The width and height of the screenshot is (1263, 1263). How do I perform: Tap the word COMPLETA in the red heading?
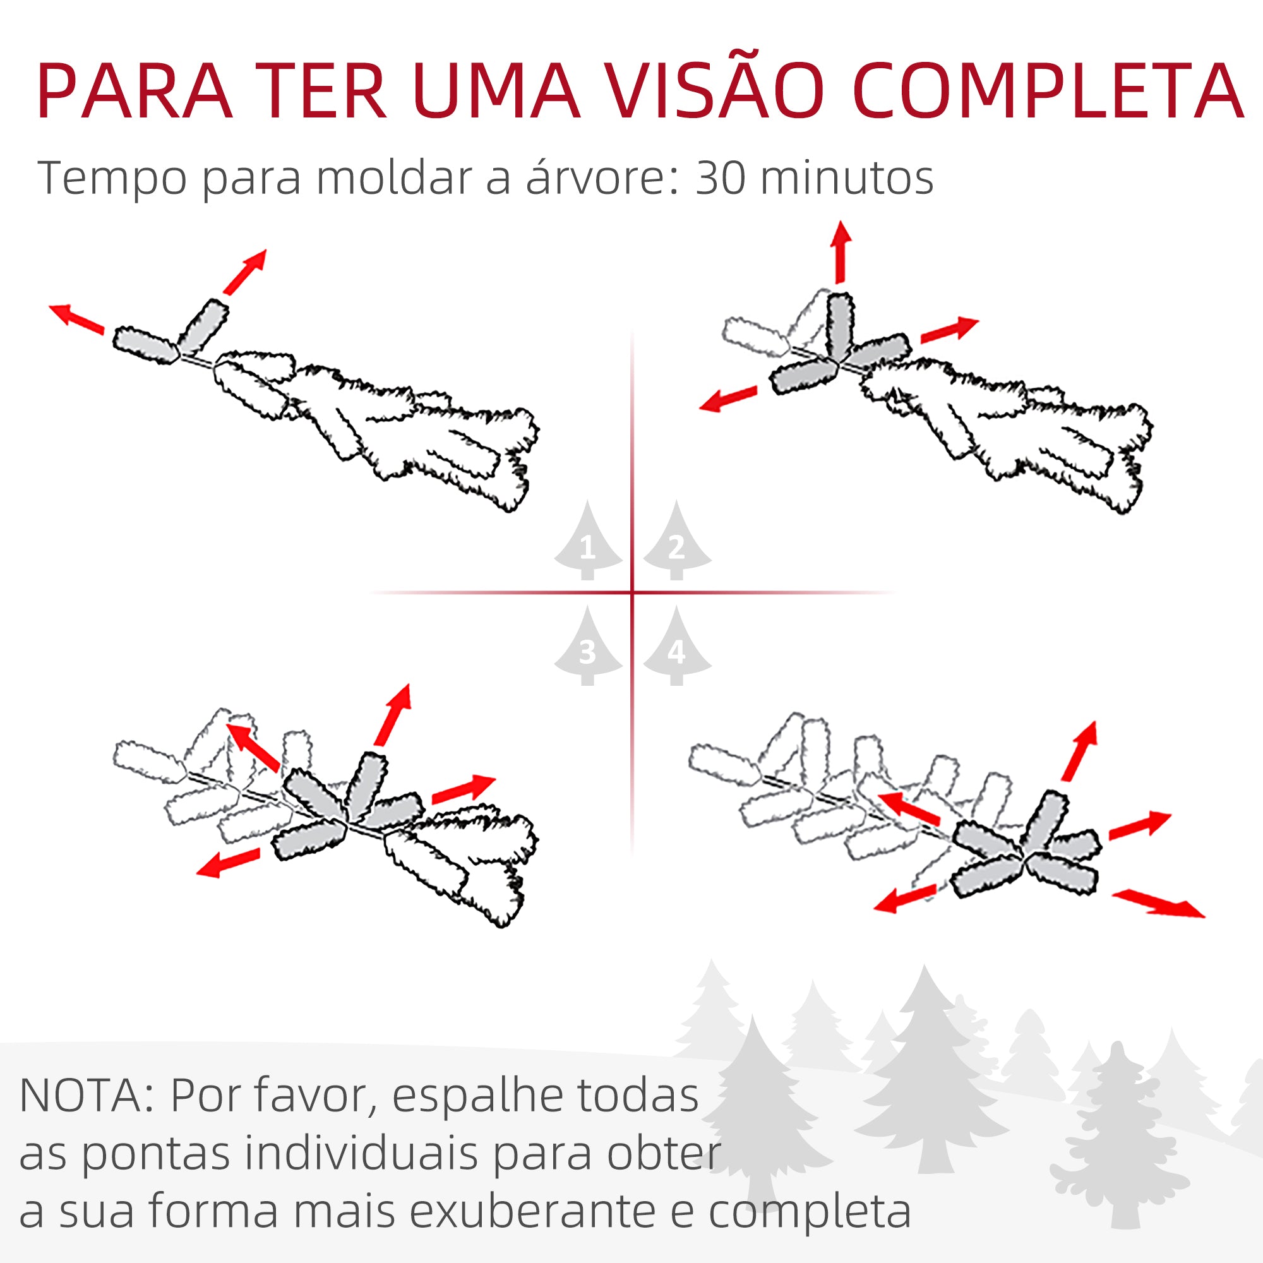pyautogui.click(x=1048, y=92)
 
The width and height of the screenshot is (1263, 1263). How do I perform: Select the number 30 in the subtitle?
pyautogui.click(x=721, y=178)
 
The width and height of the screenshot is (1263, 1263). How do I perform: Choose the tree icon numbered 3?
pyautogui.click(x=588, y=649)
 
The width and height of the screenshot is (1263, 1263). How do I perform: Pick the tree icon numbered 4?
pyautogui.click(x=676, y=649)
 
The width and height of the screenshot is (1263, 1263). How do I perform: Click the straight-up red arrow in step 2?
pyautogui.click(x=841, y=252)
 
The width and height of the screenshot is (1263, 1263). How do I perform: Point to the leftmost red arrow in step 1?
pyautogui.click(x=76, y=319)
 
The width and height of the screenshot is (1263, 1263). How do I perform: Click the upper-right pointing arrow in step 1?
pyautogui.click(x=245, y=272)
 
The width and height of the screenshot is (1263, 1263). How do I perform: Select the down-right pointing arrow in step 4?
pyautogui.click(x=1158, y=904)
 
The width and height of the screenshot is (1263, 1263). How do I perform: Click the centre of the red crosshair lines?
pyautogui.click(x=632, y=593)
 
